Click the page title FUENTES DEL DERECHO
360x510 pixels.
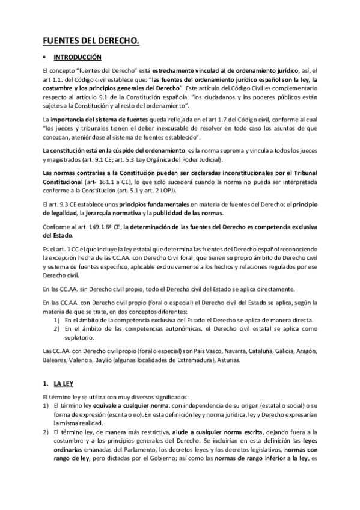[91, 41]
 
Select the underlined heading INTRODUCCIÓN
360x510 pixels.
[78, 58]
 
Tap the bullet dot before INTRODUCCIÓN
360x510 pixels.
[44, 58]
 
